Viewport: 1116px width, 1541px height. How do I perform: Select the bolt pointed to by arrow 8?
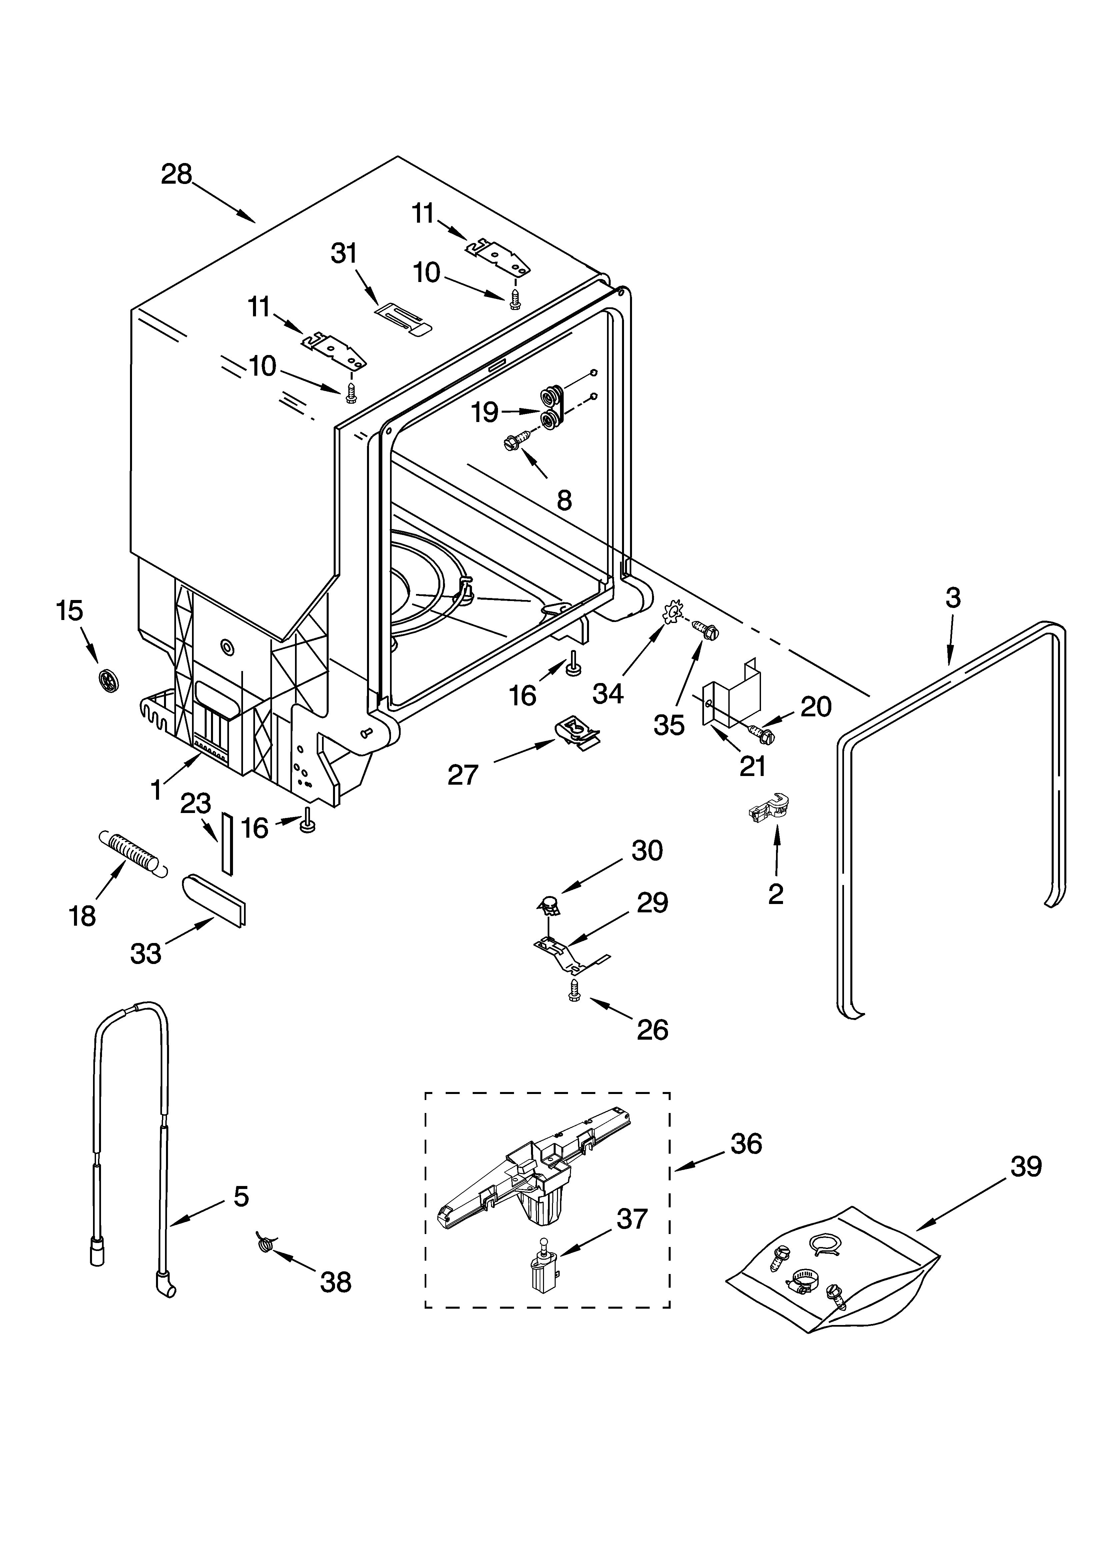pos(515,440)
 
